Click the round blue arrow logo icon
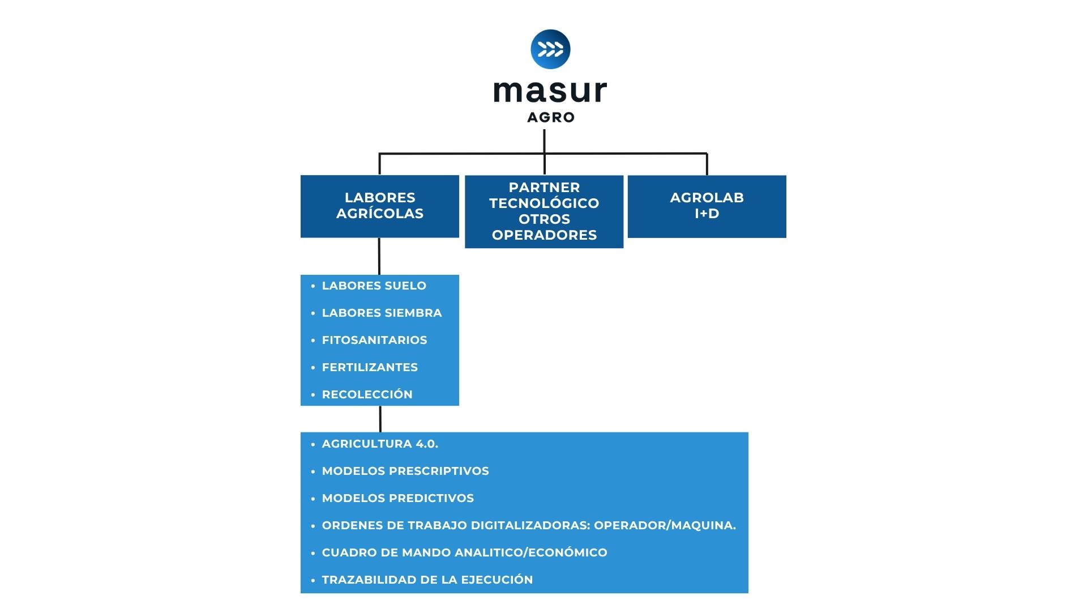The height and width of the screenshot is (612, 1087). coord(550,49)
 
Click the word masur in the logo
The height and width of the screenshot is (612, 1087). coord(550,92)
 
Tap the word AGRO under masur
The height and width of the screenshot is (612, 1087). coord(551,117)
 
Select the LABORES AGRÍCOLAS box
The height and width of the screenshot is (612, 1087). coord(380,206)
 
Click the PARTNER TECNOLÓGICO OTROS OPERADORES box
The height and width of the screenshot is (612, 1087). coord(544,211)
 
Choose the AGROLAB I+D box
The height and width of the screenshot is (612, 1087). coord(707,206)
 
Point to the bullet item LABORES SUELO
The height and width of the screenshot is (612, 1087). coord(374,286)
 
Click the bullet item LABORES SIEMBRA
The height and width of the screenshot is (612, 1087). coord(382,313)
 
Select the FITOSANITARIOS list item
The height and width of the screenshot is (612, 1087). coord(374,340)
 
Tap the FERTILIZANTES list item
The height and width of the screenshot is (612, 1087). coord(370,367)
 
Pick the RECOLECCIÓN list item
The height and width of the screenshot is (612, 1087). coord(367,394)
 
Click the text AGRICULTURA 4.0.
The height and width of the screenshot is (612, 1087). coord(380,444)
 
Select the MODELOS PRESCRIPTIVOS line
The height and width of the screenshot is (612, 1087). coord(405,471)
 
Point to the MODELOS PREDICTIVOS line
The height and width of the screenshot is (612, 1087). coord(397,498)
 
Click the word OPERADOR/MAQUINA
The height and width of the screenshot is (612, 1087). coord(665,525)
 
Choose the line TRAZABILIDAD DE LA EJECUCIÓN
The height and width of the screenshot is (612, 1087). coord(427,580)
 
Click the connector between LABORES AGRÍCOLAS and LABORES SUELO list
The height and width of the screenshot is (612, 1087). coord(379,256)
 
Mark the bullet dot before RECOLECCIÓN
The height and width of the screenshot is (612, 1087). coord(313,395)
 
